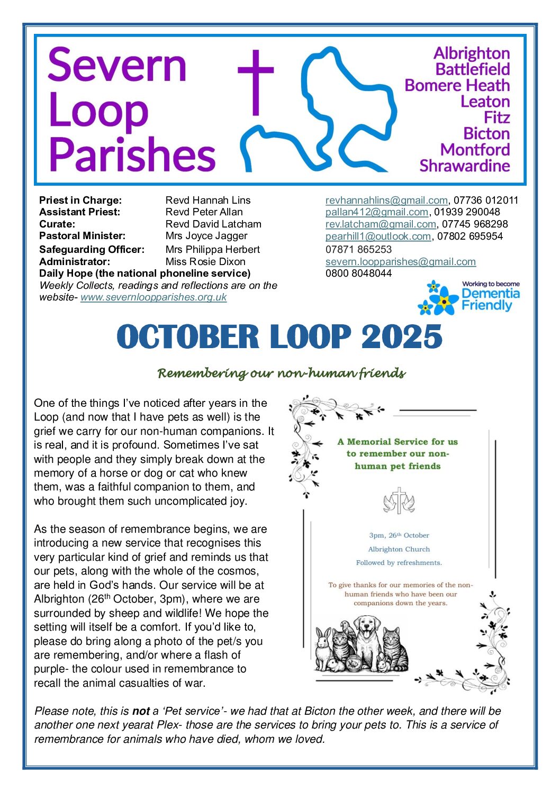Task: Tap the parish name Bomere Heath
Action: coord(457,85)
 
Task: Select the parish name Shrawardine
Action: coord(464,166)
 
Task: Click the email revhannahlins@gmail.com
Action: coord(386,200)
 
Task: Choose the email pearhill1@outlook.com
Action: coord(378,236)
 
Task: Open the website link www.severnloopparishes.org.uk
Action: coord(153,297)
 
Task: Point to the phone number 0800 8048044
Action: coord(358,274)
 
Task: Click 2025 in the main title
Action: coord(402,336)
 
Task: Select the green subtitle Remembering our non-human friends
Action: coord(281,374)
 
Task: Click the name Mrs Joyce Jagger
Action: coord(206,236)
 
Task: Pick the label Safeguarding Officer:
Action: coord(92,249)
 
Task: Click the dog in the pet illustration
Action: coord(365,640)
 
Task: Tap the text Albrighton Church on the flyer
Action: coord(399,549)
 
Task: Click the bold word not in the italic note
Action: coord(141,711)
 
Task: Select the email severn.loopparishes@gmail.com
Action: coord(401,261)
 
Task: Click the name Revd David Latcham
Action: coord(213,224)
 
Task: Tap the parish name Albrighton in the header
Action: coord(472,53)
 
